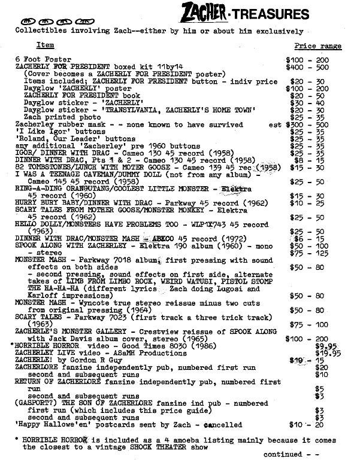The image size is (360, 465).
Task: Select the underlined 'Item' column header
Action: pos(45,45)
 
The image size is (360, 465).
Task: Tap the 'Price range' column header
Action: pos(318,46)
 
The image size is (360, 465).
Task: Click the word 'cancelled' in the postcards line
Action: pos(222,426)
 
